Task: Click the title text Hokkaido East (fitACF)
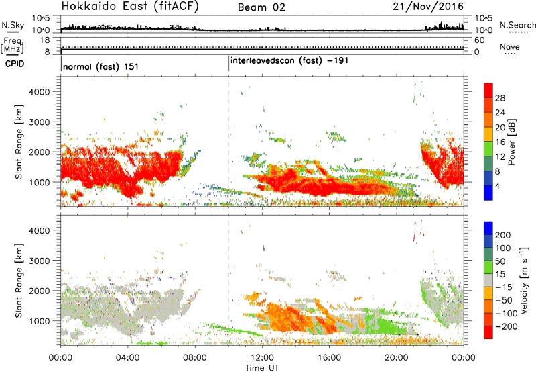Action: point(130,7)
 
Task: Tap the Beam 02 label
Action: point(261,7)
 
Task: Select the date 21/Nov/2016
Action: point(428,7)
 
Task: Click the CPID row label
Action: point(15,64)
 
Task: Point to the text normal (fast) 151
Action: point(101,66)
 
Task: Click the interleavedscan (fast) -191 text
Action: point(289,61)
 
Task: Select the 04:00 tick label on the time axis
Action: point(128,358)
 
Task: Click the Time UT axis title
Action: point(262,368)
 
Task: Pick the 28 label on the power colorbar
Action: point(500,98)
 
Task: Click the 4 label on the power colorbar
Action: point(498,186)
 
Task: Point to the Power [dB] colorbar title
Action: point(512,142)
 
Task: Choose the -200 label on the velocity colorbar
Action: point(506,326)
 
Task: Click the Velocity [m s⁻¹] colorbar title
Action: point(524,280)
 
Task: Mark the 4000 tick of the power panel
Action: point(40,92)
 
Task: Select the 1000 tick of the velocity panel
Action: point(40,321)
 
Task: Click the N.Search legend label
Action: point(517,25)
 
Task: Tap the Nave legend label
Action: point(510,47)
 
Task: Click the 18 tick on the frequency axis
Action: point(45,40)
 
